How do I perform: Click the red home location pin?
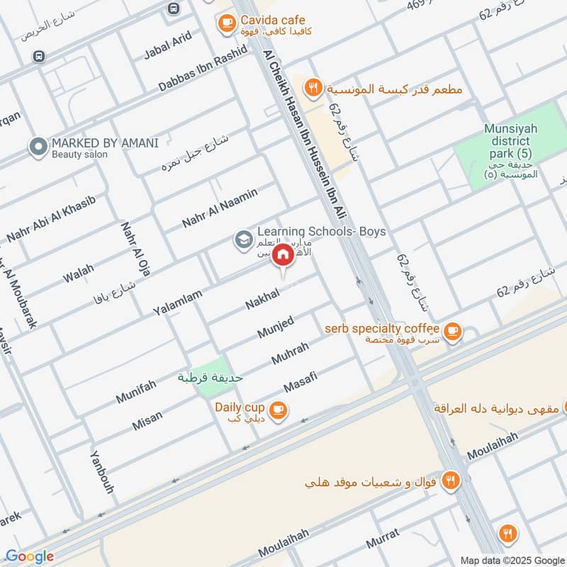[x=283, y=254]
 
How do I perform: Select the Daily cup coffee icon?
[x=278, y=408]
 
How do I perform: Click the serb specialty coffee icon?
[x=452, y=330]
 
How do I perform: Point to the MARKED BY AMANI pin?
[x=38, y=147]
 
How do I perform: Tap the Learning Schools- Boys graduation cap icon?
[x=243, y=240]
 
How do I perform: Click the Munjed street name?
[x=275, y=327]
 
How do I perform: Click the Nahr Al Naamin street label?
[x=219, y=208]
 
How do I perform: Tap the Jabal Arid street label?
[x=168, y=45]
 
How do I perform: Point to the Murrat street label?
[x=383, y=539]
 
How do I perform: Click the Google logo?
[x=30, y=556]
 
